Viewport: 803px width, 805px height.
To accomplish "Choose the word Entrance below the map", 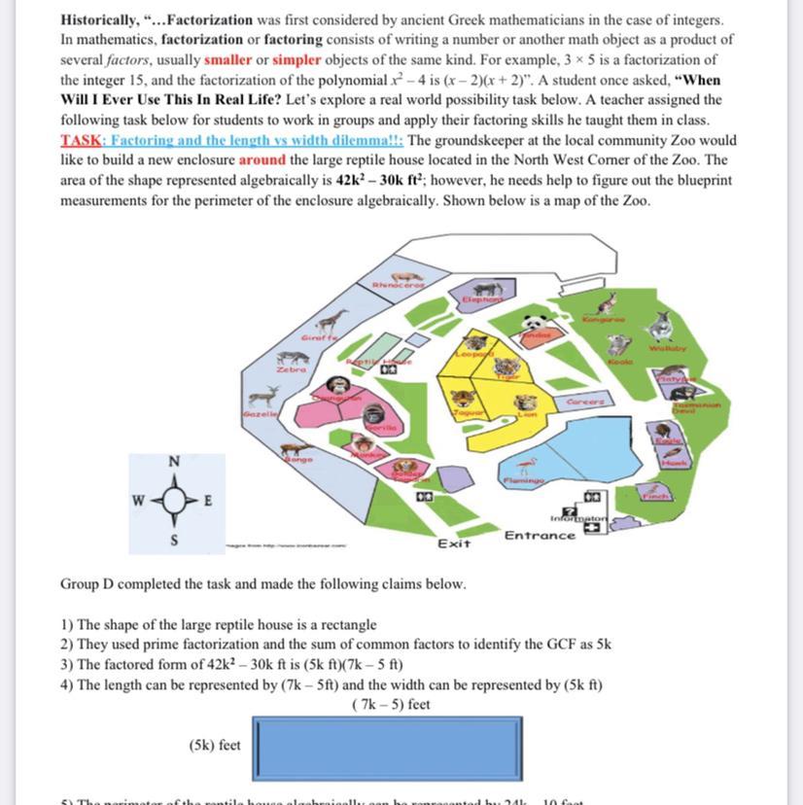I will click(x=540, y=535).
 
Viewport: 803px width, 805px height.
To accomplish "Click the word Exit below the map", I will click(x=454, y=542).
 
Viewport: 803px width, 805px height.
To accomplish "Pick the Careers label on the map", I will click(x=583, y=402).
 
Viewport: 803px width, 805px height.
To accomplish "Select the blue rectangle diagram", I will click(x=386, y=747).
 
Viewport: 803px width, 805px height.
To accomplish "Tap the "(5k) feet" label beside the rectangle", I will click(x=215, y=745).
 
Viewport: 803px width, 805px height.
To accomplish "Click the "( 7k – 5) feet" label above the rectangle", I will click(x=392, y=704).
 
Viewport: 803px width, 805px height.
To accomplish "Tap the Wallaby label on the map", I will click(x=666, y=346).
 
